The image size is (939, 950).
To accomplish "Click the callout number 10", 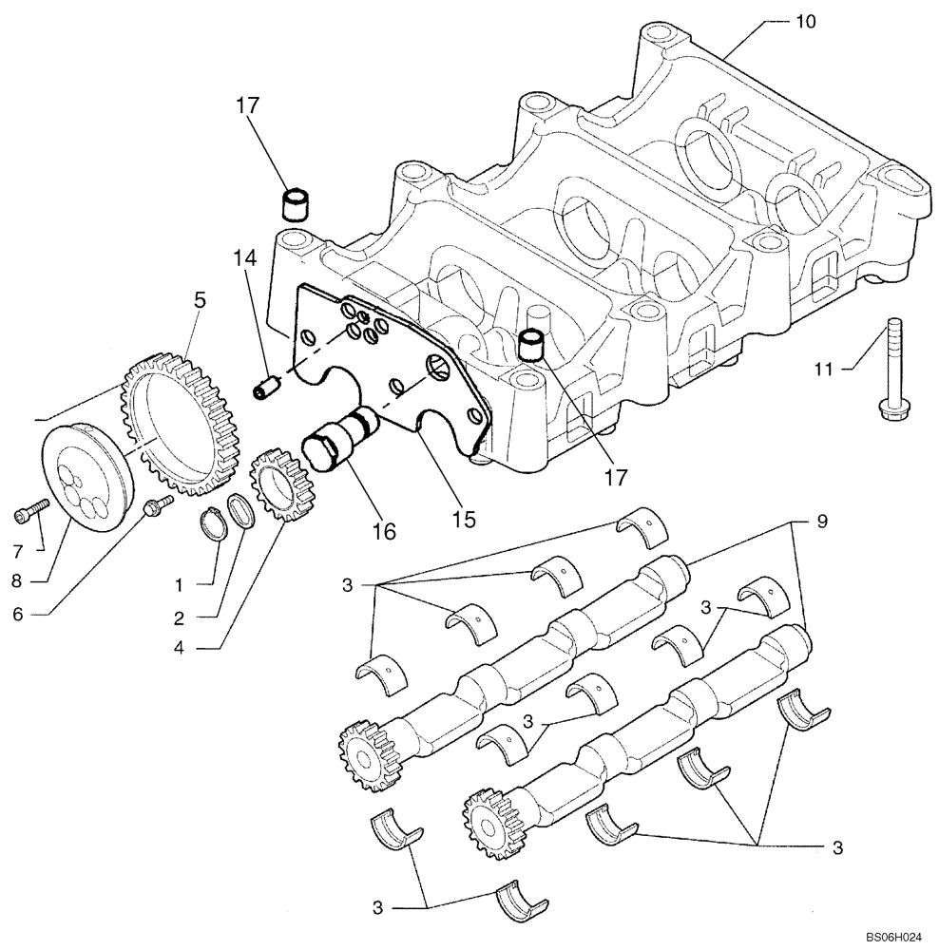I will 805,21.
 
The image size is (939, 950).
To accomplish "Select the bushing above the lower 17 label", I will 534,343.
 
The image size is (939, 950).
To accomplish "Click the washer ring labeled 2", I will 242,513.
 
